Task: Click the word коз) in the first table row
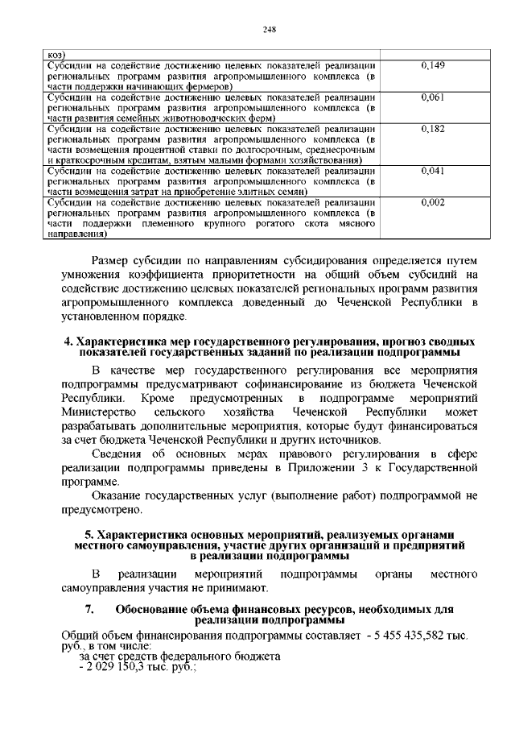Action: (55, 54)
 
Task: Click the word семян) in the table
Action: (287, 192)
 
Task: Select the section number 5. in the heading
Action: (89, 535)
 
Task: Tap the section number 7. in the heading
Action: (89, 609)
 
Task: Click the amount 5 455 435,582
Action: (407, 635)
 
